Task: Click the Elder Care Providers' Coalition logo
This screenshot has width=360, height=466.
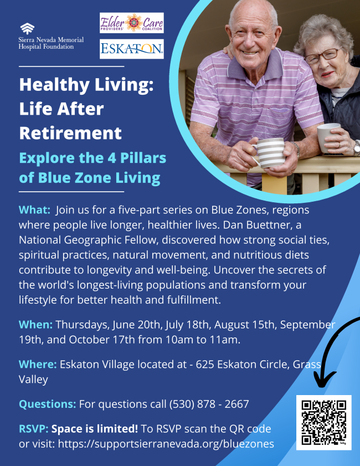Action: coord(132,23)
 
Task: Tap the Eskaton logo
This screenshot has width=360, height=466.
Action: coord(132,49)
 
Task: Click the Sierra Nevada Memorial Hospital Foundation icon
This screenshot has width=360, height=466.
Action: coord(27,29)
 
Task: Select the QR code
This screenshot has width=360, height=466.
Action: coord(324,422)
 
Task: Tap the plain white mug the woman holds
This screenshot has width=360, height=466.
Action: coord(328,137)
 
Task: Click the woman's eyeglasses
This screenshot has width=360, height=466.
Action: coord(322,56)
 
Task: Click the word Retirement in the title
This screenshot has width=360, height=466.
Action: coord(70,133)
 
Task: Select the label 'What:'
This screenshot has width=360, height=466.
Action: coord(34,210)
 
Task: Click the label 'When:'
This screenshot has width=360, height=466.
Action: coord(35,325)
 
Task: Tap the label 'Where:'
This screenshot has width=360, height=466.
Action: coord(38,365)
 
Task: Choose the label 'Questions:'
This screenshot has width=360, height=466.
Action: coord(48,404)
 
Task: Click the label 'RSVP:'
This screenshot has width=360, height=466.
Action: coord(34,429)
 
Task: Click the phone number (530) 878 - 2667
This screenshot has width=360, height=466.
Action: coord(209,404)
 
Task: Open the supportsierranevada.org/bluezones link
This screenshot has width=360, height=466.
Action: coord(166,444)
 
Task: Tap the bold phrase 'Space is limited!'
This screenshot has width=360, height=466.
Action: coord(95,429)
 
